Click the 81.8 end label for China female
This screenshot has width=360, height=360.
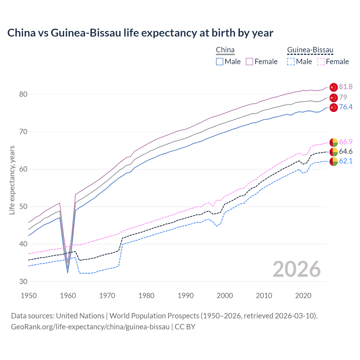pyautogui.click(x=346, y=87)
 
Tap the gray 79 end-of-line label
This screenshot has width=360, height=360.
pyautogui.click(x=343, y=97)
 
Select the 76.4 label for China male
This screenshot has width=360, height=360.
pyautogui.click(x=346, y=107)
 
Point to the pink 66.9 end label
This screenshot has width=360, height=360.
pyautogui.click(x=346, y=142)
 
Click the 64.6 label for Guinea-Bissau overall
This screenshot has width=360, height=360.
pyautogui.click(x=346, y=152)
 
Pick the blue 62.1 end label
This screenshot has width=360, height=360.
pyautogui.click(x=346, y=161)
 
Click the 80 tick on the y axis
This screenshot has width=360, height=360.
pyautogui.click(x=23, y=94)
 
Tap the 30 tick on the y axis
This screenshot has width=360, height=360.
pyautogui.click(x=23, y=282)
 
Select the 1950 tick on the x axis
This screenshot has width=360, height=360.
pyautogui.click(x=29, y=296)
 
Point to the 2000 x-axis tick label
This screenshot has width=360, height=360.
pyautogui.click(x=225, y=296)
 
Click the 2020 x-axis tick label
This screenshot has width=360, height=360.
pyautogui.click(x=303, y=296)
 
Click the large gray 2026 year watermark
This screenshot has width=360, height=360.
pyautogui.click(x=296, y=269)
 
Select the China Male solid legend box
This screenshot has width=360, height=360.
pyautogui.click(x=220, y=62)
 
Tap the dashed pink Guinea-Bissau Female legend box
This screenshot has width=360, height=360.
pyautogui.click(x=321, y=62)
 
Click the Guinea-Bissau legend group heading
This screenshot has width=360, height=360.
pyautogui.click(x=310, y=50)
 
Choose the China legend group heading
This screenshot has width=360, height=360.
pyautogui.click(x=225, y=50)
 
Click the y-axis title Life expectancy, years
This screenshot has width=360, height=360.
pyautogui.click(x=12, y=180)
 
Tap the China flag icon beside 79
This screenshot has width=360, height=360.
pyautogui.click(x=333, y=98)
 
